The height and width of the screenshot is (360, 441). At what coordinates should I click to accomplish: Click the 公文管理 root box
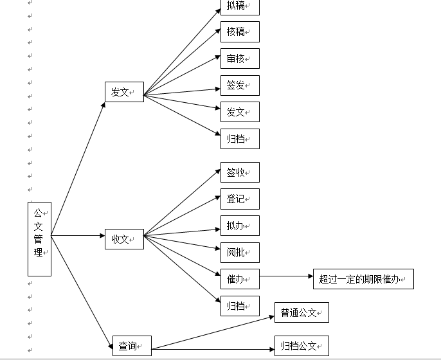click(39, 239)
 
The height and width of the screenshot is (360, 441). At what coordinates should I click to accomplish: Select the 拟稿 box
click(240, 6)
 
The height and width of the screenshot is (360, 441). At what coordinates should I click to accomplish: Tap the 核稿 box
click(240, 32)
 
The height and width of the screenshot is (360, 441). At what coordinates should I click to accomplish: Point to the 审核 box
click(240, 59)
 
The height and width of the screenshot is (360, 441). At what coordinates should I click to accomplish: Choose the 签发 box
click(240, 85)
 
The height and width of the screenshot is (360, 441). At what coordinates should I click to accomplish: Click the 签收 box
click(240, 172)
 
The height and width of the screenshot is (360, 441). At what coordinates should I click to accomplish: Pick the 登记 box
click(240, 199)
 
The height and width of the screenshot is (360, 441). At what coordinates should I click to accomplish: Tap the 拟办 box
click(240, 226)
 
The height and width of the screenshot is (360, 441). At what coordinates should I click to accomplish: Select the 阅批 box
click(240, 253)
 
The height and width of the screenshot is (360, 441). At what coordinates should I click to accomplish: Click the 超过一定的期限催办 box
click(363, 279)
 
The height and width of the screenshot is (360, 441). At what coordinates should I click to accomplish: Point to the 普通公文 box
click(301, 312)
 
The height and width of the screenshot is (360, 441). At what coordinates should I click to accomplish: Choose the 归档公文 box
click(301, 346)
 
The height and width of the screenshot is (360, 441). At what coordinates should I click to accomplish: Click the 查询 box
click(132, 346)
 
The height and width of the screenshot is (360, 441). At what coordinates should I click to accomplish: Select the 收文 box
click(124, 239)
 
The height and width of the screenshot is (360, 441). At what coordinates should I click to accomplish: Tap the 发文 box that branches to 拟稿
click(124, 92)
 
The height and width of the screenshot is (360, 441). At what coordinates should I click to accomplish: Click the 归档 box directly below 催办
click(240, 306)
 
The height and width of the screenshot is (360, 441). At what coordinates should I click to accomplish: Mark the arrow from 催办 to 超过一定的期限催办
click(286, 276)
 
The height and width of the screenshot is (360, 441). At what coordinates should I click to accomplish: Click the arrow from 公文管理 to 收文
click(78, 236)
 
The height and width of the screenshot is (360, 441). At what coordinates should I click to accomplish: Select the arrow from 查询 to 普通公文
click(213, 333)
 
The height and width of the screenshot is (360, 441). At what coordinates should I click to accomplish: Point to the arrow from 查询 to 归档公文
click(213, 349)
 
